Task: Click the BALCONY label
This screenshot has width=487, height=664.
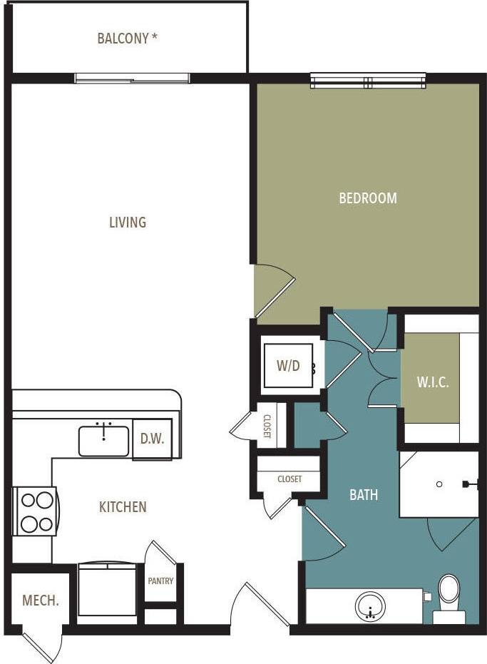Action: pos(127,39)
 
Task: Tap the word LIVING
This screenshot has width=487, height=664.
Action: pos(128,223)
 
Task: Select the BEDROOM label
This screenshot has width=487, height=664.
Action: pos(367,198)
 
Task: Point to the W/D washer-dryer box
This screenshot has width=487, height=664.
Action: pos(288,367)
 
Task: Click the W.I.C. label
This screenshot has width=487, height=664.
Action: pos(433,382)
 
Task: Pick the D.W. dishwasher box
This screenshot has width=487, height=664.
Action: pos(152,439)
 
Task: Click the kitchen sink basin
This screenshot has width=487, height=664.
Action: pos(104,441)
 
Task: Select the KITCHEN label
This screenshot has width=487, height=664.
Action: pos(123,507)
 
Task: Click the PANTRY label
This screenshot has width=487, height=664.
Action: pos(160,581)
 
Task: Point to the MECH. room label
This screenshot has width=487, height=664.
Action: pos(40,601)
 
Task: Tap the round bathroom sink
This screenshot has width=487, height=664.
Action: pos(369,608)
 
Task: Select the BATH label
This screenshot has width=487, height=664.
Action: pos(364,494)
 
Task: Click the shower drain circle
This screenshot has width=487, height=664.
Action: pos(439,484)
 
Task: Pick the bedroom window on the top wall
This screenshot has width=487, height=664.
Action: pos(367,81)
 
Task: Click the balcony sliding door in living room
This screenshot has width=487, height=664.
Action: pos(133,78)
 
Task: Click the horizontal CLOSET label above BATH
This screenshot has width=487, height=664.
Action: pos(289,479)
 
